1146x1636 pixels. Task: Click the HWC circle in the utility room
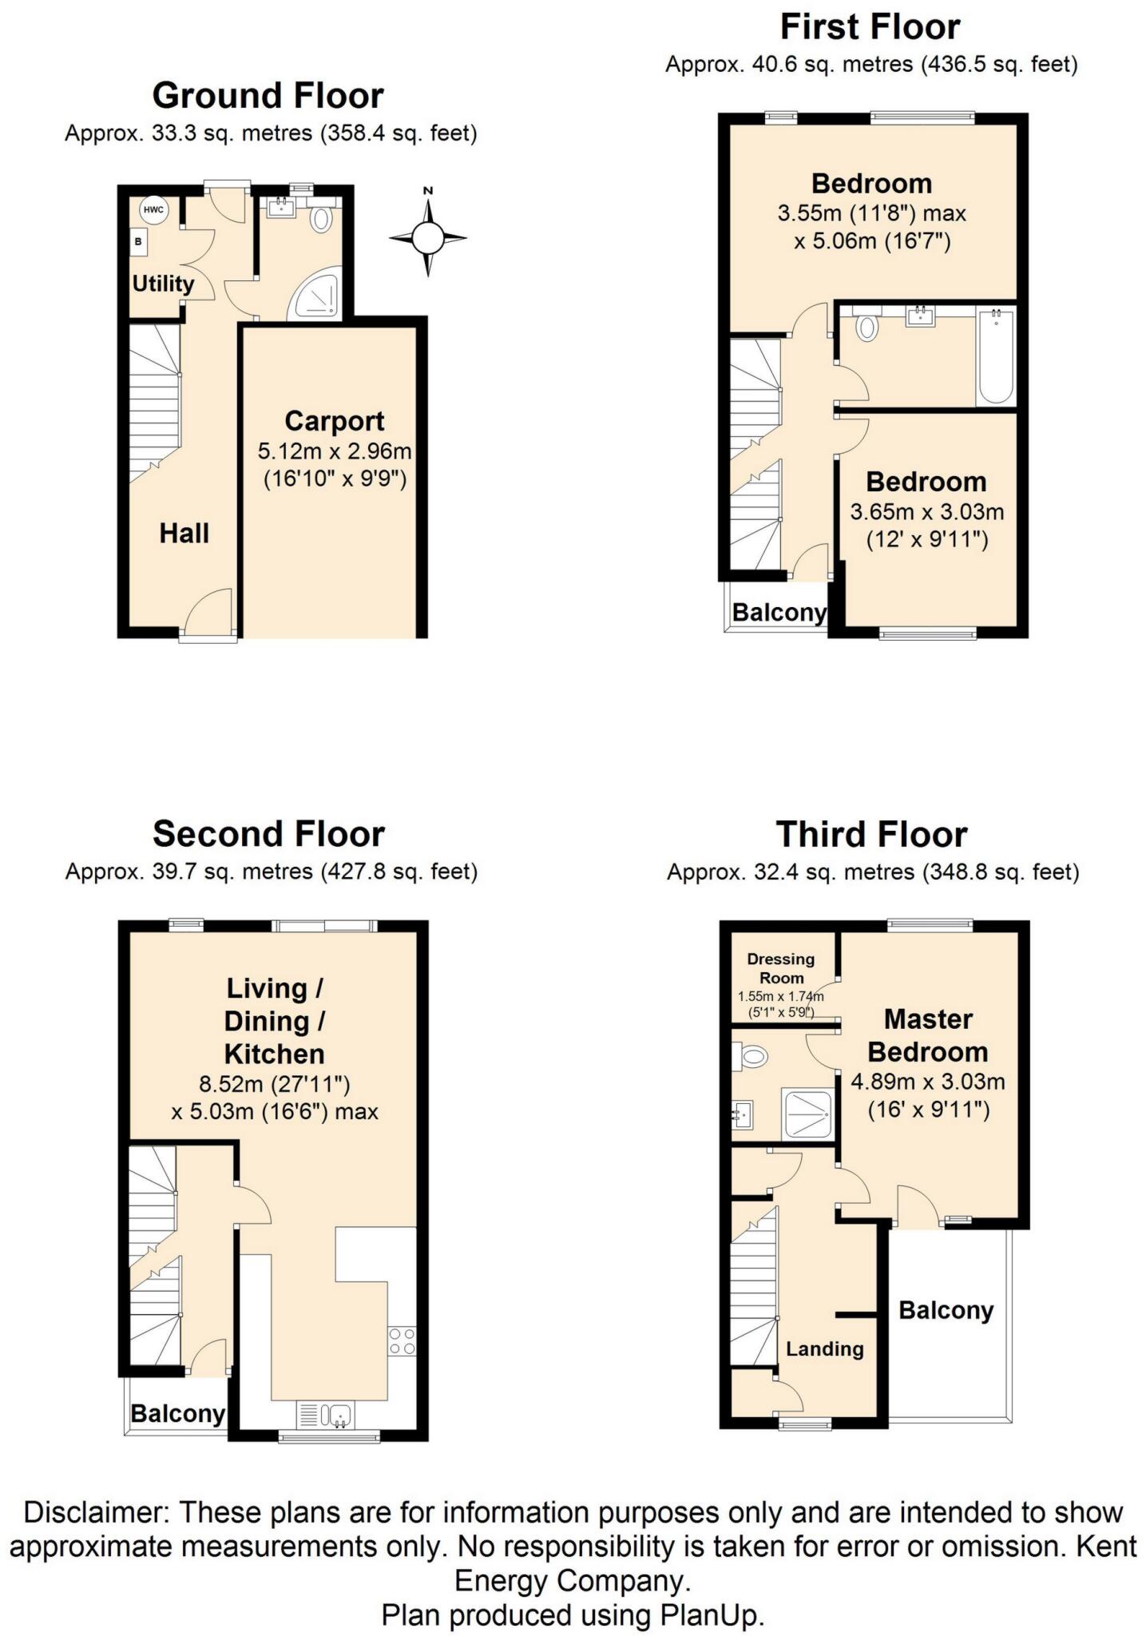[x=153, y=210]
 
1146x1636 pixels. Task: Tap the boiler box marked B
[x=139, y=240]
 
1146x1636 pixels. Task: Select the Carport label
[x=335, y=421]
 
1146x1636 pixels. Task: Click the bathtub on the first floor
[x=996, y=356]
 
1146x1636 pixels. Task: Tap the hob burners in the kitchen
[x=401, y=1340]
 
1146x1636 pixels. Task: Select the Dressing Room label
[x=781, y=968]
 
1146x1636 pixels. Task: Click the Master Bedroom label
[x=928, y=1035]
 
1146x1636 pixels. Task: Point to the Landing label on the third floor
[x=825, y=1349]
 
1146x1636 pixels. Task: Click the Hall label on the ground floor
[x=184, y=534]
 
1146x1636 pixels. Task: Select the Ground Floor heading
[x=268, y=96]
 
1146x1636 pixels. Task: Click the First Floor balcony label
[x=779, y=613]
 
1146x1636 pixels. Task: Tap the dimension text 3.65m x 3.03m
[x=927, y=511]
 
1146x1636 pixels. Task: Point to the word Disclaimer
[x=93, y=1511]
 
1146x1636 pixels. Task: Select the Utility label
[x=163, y=284]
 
